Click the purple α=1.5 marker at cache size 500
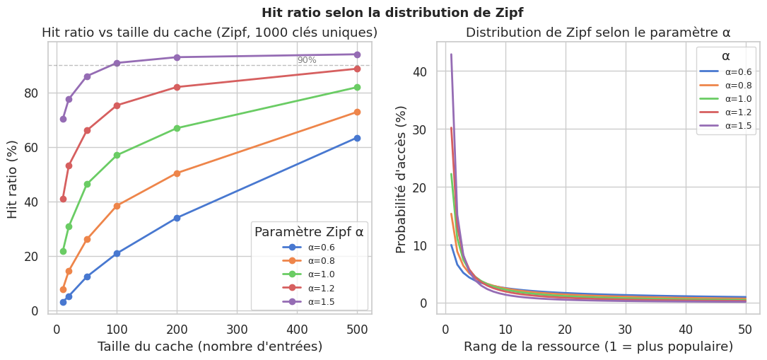point(357,54)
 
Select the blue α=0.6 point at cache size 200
point(177,218)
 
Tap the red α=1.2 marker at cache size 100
point(117,105)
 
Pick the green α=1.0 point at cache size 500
point(357,87)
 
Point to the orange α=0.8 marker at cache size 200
point(177,173)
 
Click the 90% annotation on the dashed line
point(307,60)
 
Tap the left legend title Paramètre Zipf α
point(309,232)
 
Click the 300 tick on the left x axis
point(237,329)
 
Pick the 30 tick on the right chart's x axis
point(624,329)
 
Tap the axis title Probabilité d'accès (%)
point(402,178)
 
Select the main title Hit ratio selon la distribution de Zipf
point(392,13)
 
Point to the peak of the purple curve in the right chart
point(451,54)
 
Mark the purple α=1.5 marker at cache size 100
point(117,63)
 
